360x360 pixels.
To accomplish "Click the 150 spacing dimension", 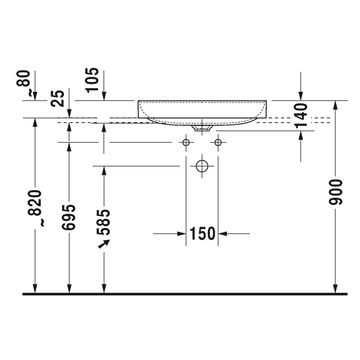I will (x=202, y=233).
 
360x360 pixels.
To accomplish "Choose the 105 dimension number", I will (x=92, y=80).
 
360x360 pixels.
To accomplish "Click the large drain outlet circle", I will (x=202, y=166).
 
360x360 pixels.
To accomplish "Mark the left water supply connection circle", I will (x=186, y=142).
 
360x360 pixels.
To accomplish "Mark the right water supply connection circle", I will (x=218, y=142).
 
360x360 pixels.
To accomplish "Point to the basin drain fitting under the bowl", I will (x=202, y=127).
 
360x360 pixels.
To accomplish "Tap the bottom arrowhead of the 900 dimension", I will (x=335, y=289).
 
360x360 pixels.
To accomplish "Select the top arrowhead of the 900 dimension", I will (x=335, y=105).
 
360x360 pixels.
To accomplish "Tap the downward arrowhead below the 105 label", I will (x=104, y=97).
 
